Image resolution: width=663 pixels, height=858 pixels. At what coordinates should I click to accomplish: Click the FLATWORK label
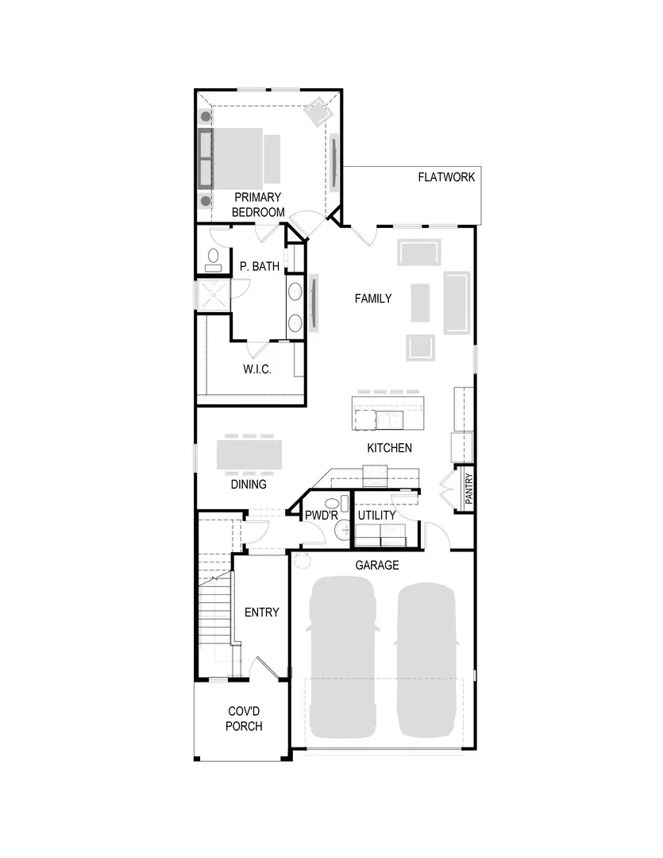446,177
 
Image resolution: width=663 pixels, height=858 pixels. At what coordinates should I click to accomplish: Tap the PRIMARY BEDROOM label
257,205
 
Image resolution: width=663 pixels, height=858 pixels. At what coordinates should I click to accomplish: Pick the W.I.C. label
257,369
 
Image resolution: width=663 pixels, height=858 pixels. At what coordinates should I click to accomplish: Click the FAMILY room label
372,299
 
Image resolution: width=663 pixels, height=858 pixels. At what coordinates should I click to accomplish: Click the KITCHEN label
389,448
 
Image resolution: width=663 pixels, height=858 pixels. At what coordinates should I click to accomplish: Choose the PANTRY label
468,489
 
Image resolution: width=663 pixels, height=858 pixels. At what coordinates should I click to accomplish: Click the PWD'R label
322,516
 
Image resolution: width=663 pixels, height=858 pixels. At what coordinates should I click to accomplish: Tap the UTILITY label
376,516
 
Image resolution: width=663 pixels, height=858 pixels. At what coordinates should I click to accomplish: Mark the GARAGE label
376,566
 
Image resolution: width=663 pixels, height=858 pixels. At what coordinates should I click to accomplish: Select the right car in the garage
426,659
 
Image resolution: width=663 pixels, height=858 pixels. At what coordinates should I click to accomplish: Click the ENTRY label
261,612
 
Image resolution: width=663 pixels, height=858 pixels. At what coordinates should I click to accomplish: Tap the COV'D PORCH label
244,719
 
